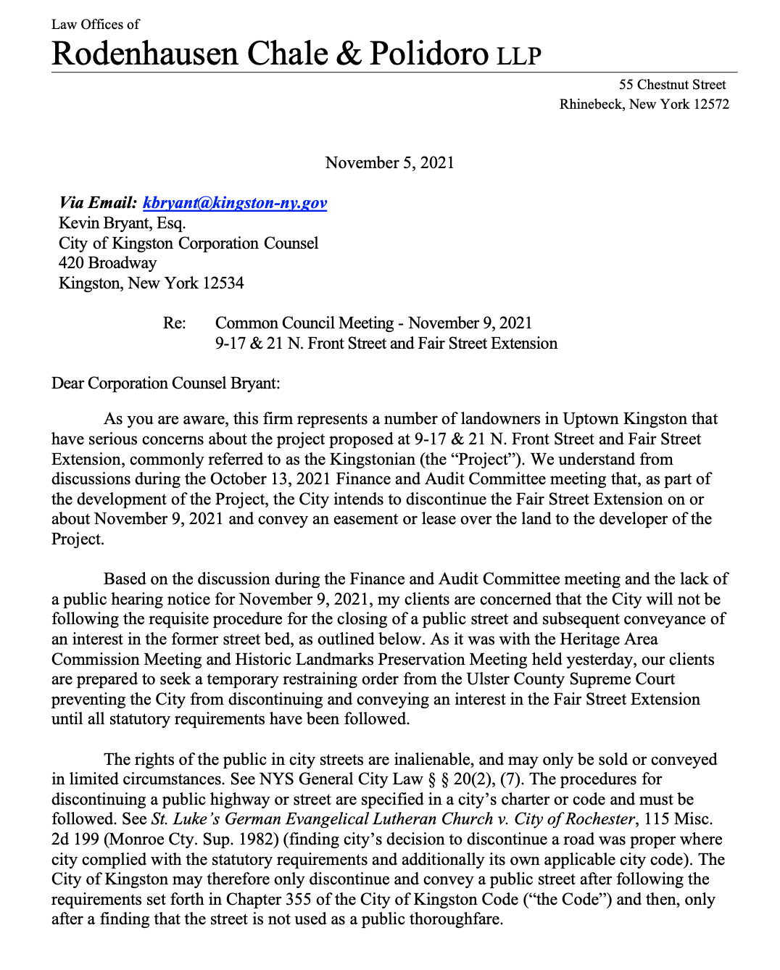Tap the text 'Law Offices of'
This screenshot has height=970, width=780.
coord(95,25)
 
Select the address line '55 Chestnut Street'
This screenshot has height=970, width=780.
coord(672,85)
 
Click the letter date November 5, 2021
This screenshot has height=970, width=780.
coord(389,162)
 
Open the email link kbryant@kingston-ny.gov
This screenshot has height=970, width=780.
coord(235,203)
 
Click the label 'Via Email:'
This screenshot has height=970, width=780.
coord(98,203)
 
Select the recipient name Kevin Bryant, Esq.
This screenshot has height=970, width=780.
coord(122,223)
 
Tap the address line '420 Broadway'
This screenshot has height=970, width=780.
coord(107,263)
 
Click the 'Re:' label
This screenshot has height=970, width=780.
coord(174,323)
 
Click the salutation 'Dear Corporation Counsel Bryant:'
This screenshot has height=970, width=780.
coord(165,384)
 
